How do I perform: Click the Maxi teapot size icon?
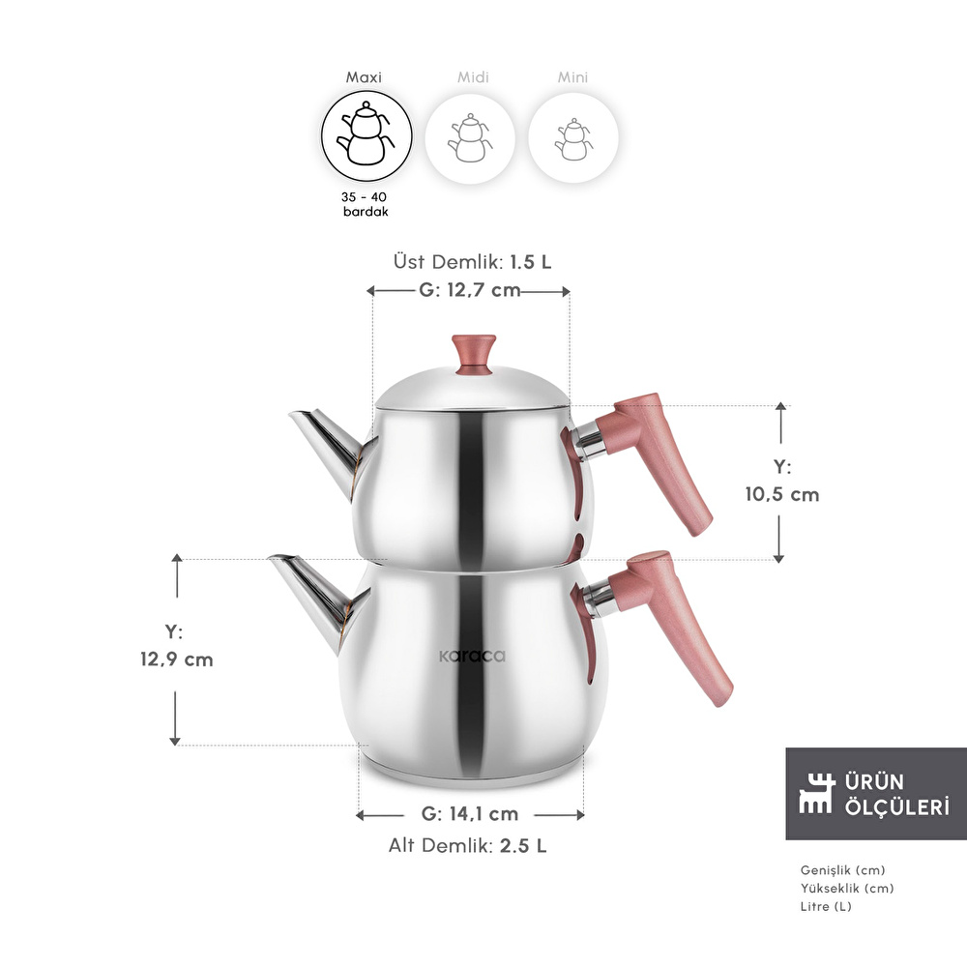[x=366, y=135]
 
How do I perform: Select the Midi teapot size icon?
[x=470, y=138]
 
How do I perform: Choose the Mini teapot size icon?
[x=573, y=138]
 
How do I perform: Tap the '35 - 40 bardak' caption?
[x=366, y=204]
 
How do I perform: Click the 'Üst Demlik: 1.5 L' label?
[x=473, y=262]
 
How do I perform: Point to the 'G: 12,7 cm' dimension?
[x=469, y=290]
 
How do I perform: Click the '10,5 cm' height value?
[x=782, y=494]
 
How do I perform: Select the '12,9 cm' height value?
[x=176, y=659]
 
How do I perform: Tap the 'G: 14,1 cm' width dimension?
[x=469, y=814]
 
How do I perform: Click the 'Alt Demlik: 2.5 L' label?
[x=467, y=845]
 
